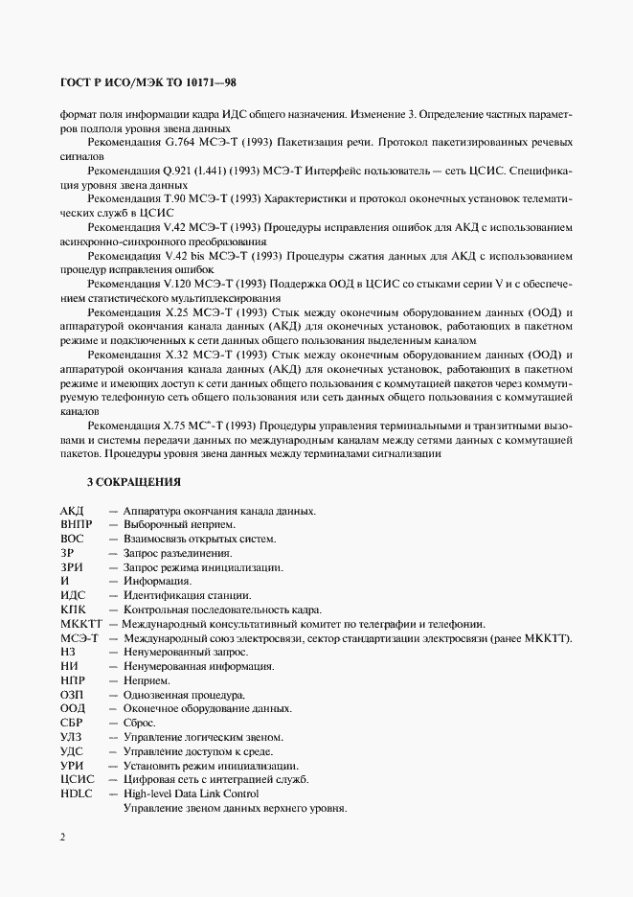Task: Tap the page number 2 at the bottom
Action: point(62,838)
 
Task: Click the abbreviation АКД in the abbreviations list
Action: point(72,511)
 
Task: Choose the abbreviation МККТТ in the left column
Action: point(79,624)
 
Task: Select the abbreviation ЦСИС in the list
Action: point(77,779)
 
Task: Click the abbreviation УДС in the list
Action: point(73,751)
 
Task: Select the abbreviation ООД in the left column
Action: point(73,708)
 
